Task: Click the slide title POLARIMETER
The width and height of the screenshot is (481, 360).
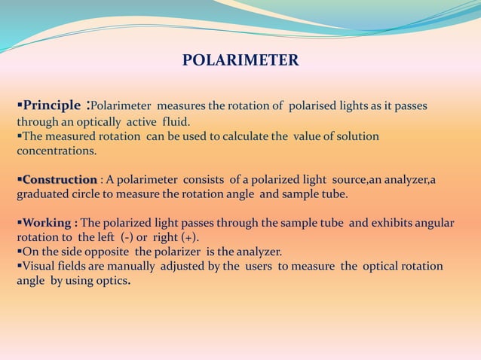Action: [240, 60]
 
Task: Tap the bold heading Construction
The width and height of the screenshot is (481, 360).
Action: [60, 179]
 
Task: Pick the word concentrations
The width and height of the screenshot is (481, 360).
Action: [57, 151]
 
